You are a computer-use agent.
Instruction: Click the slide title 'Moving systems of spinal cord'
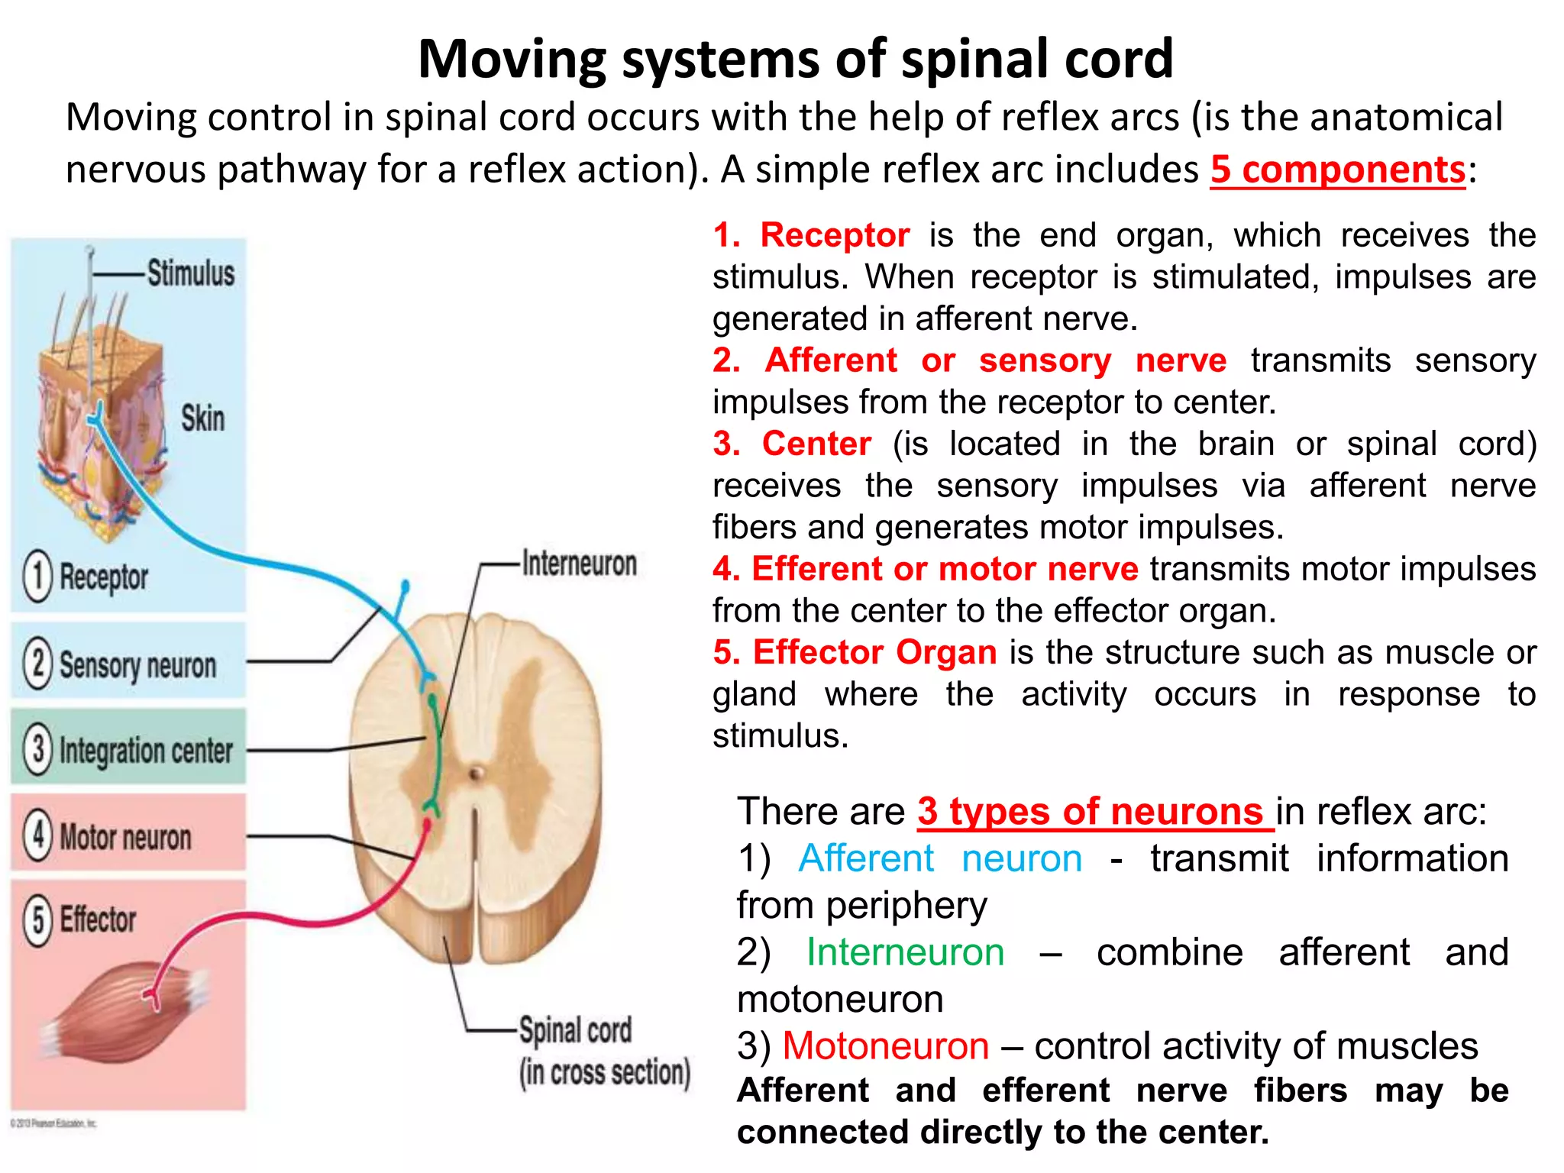(x=795, y=59)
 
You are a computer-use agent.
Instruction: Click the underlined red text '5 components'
(x=1337, y=170)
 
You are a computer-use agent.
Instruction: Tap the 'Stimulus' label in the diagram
(x=190, y=273)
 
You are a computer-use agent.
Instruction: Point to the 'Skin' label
(x=202, y=418)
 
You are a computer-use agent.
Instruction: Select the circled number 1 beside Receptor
(x=37, y=577)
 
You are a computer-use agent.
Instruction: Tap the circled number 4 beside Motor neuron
(x=37, y=835)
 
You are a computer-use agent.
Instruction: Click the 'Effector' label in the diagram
(x=98, y=919)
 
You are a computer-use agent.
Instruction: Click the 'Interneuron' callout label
(x=579, y=564)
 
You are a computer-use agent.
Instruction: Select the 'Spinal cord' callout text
(x=575, y=1030)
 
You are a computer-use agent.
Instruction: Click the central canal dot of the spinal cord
(x=476, y=774)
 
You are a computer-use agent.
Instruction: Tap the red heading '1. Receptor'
(x=811, y=235)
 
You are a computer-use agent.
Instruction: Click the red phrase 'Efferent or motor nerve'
(x=944, y=569)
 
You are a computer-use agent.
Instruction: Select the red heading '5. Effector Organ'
(x=855, y=652)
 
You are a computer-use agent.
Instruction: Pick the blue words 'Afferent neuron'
(x=939, y=858)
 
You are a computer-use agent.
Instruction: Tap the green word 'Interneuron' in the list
(x=905, y=952)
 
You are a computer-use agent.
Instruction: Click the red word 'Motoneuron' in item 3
(x=885, y=1045)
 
